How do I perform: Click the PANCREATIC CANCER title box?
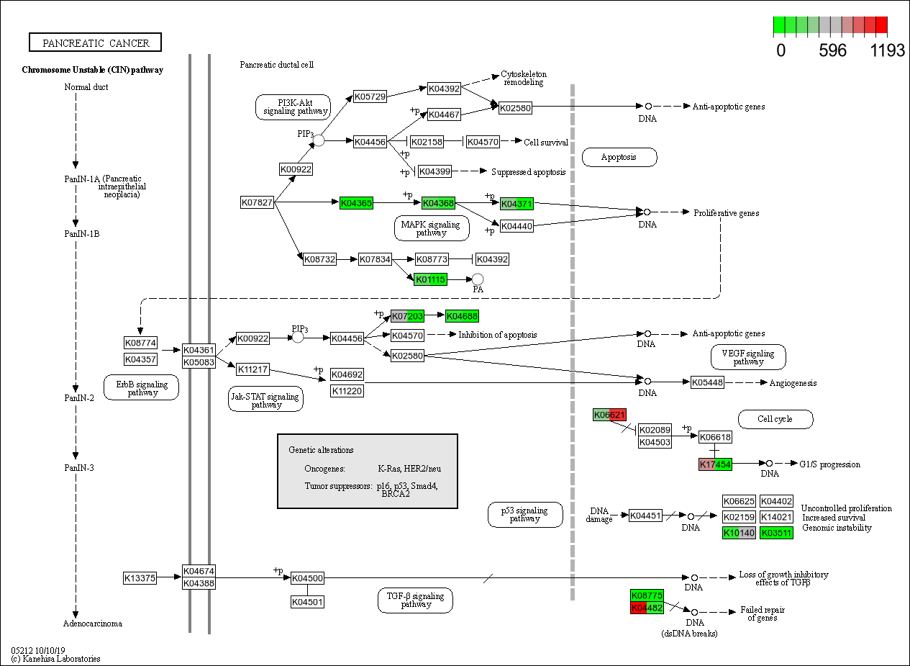[95, 43]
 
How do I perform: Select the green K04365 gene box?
[356, 203]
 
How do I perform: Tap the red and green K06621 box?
[609, 415]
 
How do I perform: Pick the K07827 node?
[257, 202]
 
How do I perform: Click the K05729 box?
[370, 96]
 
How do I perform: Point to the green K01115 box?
[430, 279]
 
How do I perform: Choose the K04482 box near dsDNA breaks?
[647, 608]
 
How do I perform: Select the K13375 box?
[140, 577]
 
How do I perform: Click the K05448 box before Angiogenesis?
[707, 382]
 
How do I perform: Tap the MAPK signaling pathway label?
[432, 228]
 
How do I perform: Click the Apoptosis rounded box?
[619, 157]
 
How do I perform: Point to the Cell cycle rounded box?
[775, 419]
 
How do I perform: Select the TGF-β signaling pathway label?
[415, 600]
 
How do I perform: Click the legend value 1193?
[888, 51]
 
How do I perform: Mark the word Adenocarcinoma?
[93, 624]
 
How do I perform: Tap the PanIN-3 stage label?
[79, 468]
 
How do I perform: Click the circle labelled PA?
[478, 279]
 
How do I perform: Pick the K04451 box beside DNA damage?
[645, 516]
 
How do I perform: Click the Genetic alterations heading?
[321, 450]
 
